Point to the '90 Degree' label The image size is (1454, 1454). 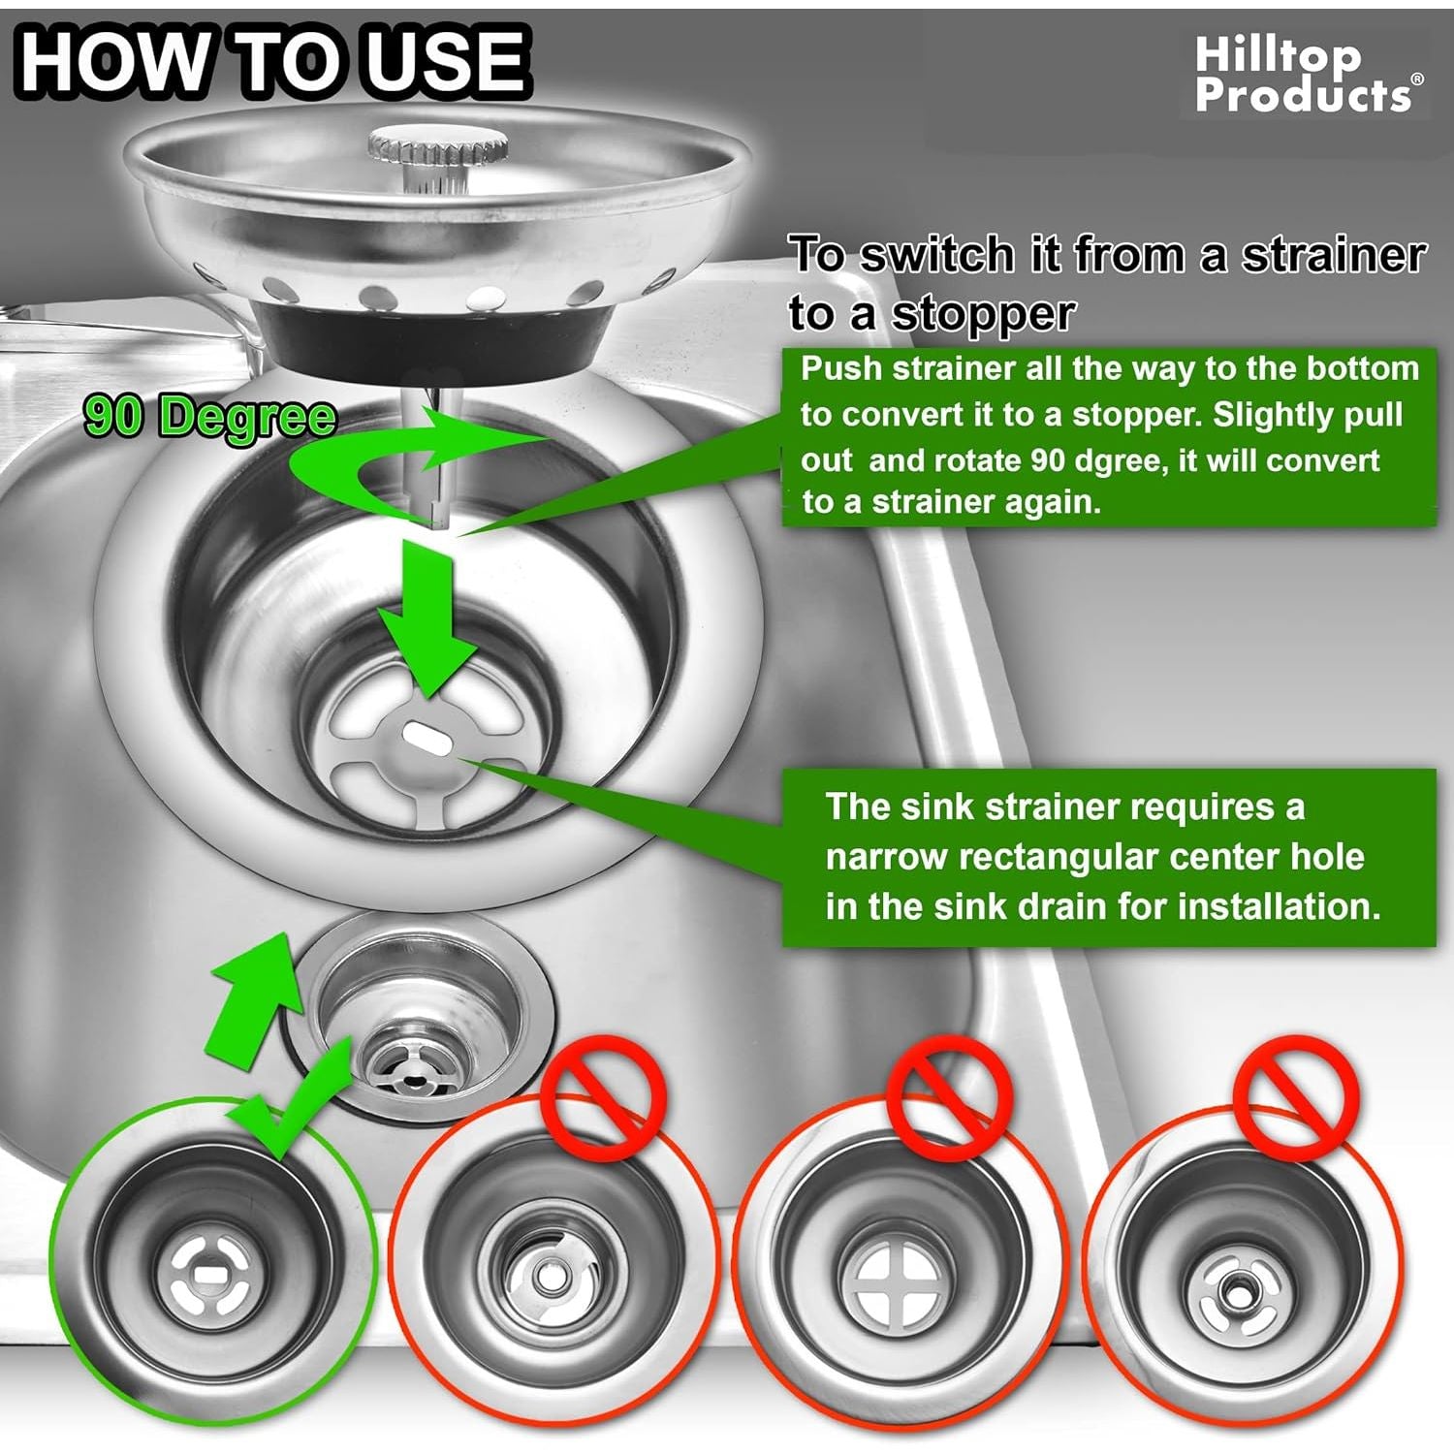coord(210,417)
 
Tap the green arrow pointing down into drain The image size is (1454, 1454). coord(427,619)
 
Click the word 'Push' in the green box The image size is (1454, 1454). coord(841,369)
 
